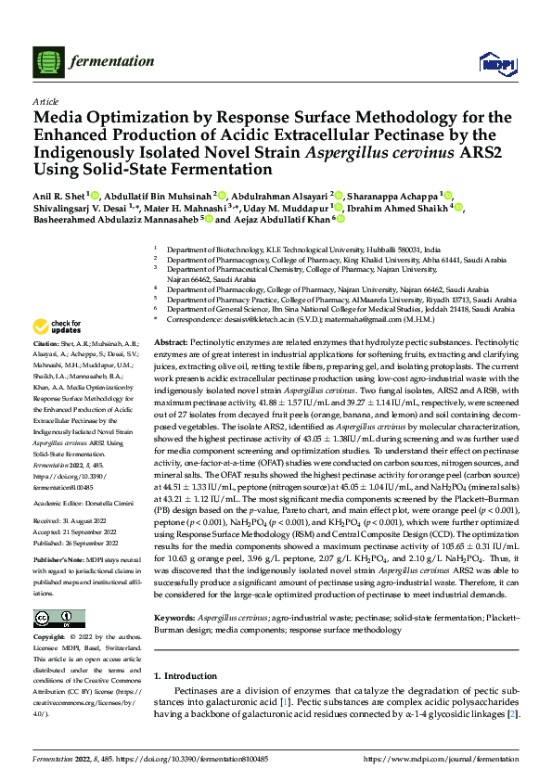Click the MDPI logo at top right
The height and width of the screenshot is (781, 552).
[492, 61]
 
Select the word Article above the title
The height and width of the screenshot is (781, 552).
[45, 101]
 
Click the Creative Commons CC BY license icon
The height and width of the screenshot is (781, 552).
[54, 618]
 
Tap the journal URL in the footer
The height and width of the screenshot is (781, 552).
[444, 760]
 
